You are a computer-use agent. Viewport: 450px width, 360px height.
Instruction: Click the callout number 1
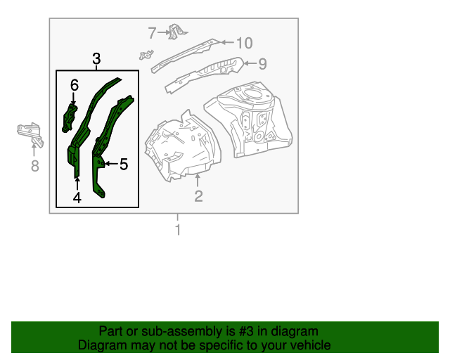point(178,230)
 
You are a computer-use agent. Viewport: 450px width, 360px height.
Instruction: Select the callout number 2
point(198,196)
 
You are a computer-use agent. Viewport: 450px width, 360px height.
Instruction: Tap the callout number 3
point(97,58)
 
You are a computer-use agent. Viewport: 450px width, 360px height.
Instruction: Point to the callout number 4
point(77,198)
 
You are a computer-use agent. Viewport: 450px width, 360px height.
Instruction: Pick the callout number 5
point(124,165)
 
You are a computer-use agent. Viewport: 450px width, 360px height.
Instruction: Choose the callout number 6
point(74,85)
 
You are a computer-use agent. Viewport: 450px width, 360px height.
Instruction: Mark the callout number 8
point(34,166)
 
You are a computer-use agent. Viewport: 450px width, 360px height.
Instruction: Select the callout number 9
point(262,65)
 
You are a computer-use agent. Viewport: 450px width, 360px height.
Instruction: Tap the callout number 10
point(243,44)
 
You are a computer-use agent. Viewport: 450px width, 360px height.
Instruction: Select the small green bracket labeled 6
point(70,117)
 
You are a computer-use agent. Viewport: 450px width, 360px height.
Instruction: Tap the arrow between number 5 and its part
point(109,164)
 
